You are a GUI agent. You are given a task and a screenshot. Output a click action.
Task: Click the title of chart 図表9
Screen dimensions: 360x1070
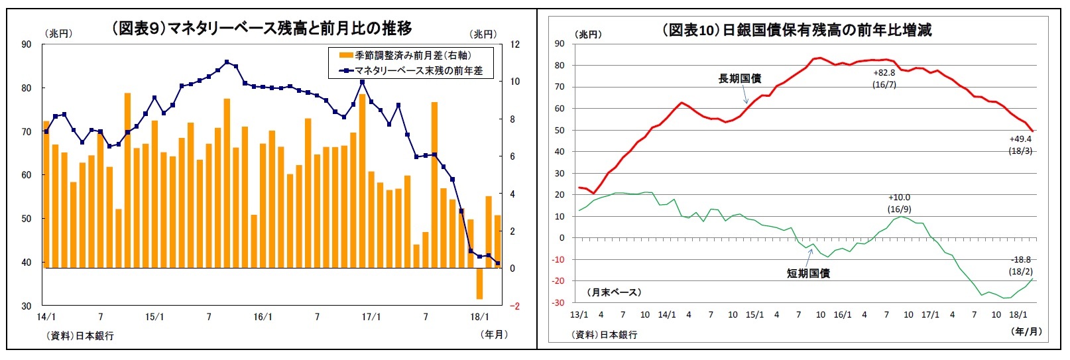tap(261, 29)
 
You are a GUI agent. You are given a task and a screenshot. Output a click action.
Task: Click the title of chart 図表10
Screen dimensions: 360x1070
tap(796, 30)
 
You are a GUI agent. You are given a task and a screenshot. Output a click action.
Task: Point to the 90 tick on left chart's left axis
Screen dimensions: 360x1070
tap(27, 45)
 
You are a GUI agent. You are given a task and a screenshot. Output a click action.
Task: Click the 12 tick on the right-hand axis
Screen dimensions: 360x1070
tap(515, 45)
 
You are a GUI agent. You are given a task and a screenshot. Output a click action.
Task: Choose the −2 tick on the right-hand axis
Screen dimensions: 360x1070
tap(514, 306)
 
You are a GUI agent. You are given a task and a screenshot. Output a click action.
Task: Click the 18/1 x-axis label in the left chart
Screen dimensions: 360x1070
tap(479, 317)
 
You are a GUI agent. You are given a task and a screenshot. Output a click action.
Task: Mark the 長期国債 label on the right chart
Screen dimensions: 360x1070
tap(739, 79)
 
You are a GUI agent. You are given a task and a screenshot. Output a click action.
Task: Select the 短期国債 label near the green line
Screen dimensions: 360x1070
tap(807, 273)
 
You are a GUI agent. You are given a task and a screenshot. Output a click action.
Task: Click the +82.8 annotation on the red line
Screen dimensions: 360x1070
tap(884, 73)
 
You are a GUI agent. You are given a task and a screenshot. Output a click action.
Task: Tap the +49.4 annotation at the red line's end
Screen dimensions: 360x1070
tap(1020, 139)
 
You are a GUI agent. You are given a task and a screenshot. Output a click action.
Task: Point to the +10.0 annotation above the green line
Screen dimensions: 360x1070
tap(899, 198)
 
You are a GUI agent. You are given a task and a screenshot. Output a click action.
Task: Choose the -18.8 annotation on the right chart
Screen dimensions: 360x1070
tap(1021, 260)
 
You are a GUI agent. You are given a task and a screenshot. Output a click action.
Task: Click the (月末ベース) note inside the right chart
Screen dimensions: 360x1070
tap(614, 292)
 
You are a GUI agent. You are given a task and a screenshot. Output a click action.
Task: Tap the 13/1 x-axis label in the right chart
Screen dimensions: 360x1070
tap(579, 315)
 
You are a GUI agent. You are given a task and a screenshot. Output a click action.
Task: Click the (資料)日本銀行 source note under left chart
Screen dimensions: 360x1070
tap(80, 335)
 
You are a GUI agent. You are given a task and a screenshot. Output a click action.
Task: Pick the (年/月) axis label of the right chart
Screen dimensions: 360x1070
tap(1027, 331)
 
